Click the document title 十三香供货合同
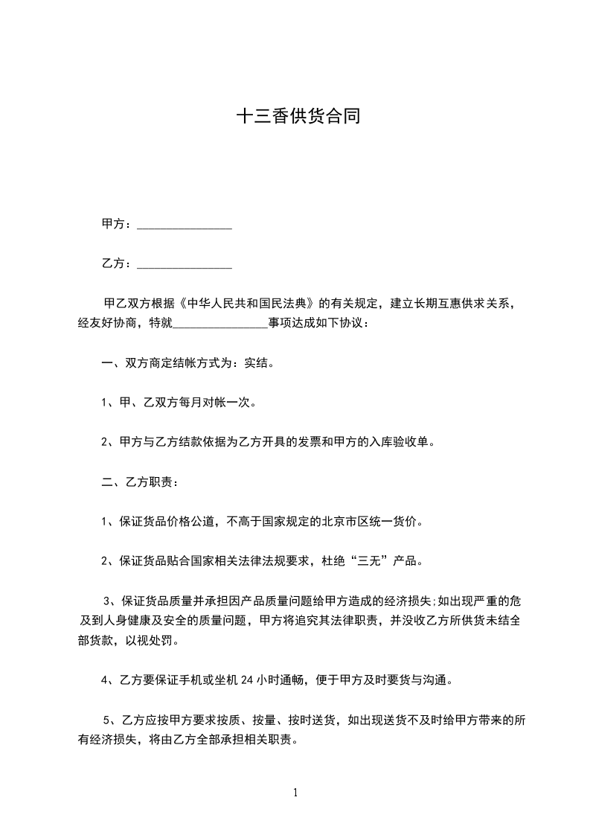(298, 117)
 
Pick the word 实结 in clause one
(264, 365)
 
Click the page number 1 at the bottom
(295, 793)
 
